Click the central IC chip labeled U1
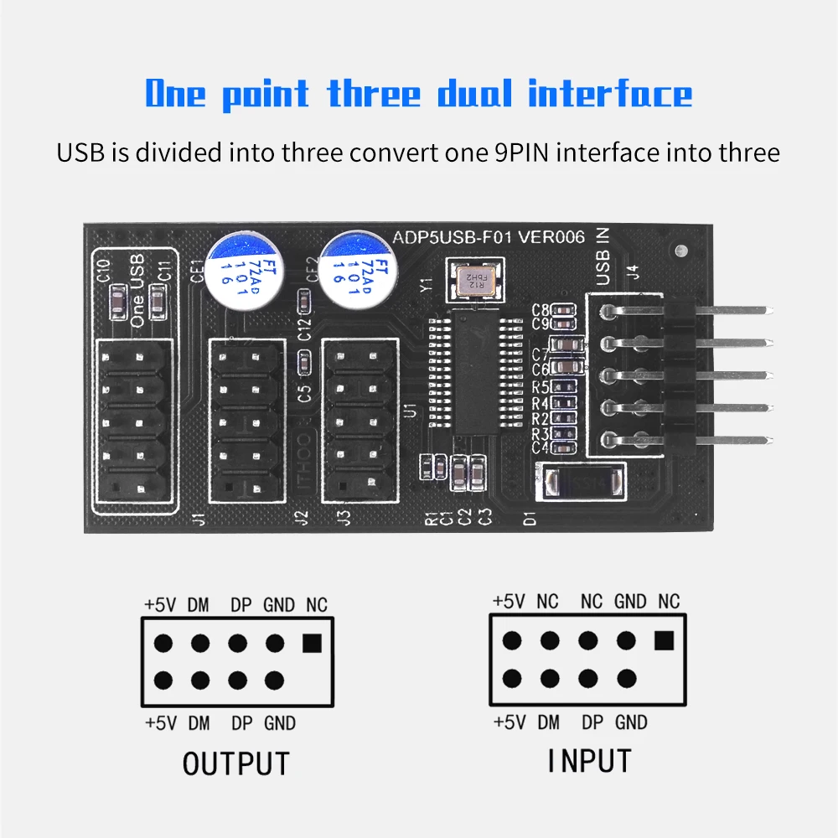[x=476, y=368]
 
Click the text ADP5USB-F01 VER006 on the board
[x=489, y=236]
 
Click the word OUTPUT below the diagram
[x=235, y=764]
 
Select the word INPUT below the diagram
[x=589, y=761]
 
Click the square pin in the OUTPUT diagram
[x=312, y=643]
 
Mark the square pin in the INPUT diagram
[x=664, y=641]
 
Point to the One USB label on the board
[x=138, y=291]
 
